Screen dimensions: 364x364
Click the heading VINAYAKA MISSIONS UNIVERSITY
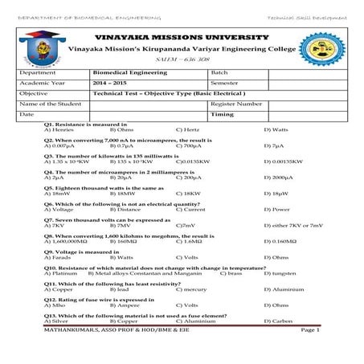pyautogui.click(x=182, y=38)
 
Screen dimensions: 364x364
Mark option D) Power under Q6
pyautogui.click(x=276, y=209)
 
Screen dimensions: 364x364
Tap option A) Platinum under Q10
pyautogui.click(x=60, y=273)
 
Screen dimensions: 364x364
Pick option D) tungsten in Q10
pyautogui.click(x=279, y=273)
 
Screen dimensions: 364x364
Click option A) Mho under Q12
pyautogui.click(x=55, y=305)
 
